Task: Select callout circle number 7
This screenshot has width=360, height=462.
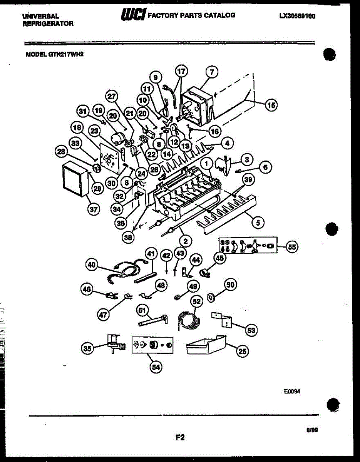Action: point(211,72)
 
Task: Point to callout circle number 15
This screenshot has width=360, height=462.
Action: point(272,105)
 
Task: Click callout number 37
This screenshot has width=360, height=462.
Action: point(94,209)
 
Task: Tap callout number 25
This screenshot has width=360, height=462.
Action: point(242,350)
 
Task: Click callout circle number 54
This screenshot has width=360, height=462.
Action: point(155,367)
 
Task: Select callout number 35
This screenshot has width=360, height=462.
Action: point(87,349)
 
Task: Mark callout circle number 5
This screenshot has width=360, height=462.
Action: point(258,222)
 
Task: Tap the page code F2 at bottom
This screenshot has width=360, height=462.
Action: point(180,437)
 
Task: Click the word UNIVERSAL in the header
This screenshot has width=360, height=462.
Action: point(40,17)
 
